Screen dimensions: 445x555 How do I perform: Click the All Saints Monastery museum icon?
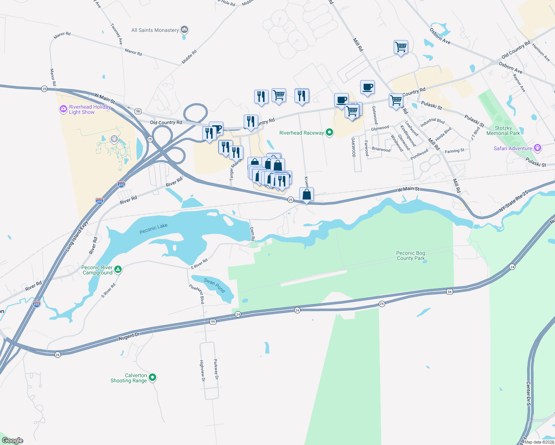coord(184,30)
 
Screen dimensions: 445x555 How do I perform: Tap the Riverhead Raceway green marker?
coord(329,132)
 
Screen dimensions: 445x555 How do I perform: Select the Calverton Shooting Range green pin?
coord(152,378)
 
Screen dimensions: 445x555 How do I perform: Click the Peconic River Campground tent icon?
coord(118,270)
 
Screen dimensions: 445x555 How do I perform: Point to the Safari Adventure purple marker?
coord(538,148)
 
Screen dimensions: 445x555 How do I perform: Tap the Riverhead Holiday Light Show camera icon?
coord(63,109)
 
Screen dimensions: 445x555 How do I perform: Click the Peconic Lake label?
coord(154,228)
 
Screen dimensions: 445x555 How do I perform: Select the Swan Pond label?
coord(214,285)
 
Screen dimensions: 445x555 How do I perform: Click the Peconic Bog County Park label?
coord(411,256)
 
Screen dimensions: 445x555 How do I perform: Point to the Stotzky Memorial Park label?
coord(503,131)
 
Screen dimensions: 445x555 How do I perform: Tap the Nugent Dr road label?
coord(129,336)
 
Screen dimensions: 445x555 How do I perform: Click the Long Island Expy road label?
coord(77,236)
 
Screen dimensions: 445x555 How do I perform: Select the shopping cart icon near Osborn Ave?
coord(401,47)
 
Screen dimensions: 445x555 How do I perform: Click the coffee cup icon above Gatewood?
coord(367,87)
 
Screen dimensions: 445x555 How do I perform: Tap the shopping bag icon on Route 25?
coord(306,194)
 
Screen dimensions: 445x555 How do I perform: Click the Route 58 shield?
coord(138,111)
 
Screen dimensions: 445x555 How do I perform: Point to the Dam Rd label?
coord(252,234)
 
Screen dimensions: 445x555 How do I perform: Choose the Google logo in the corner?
coord(13,441)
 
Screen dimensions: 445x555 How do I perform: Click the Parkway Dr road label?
coord(216,369)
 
